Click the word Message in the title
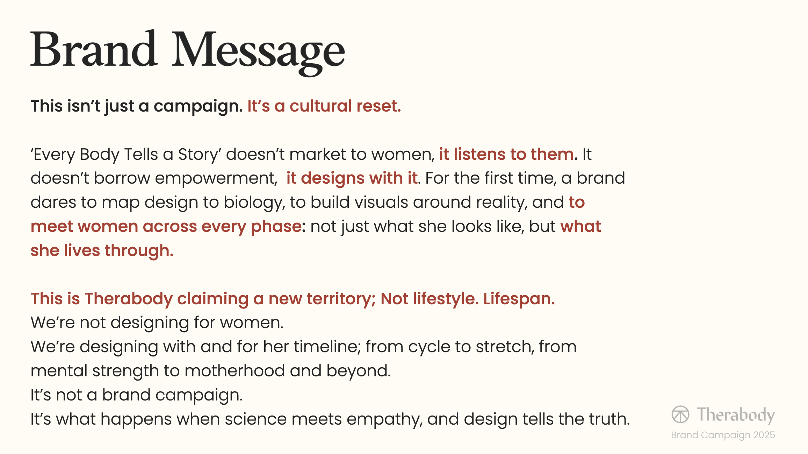point(258,52)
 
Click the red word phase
point(276,227)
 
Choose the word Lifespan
point(519,299)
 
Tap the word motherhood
point(235,371)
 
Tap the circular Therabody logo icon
point(680,414)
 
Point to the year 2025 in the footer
point(764,435)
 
